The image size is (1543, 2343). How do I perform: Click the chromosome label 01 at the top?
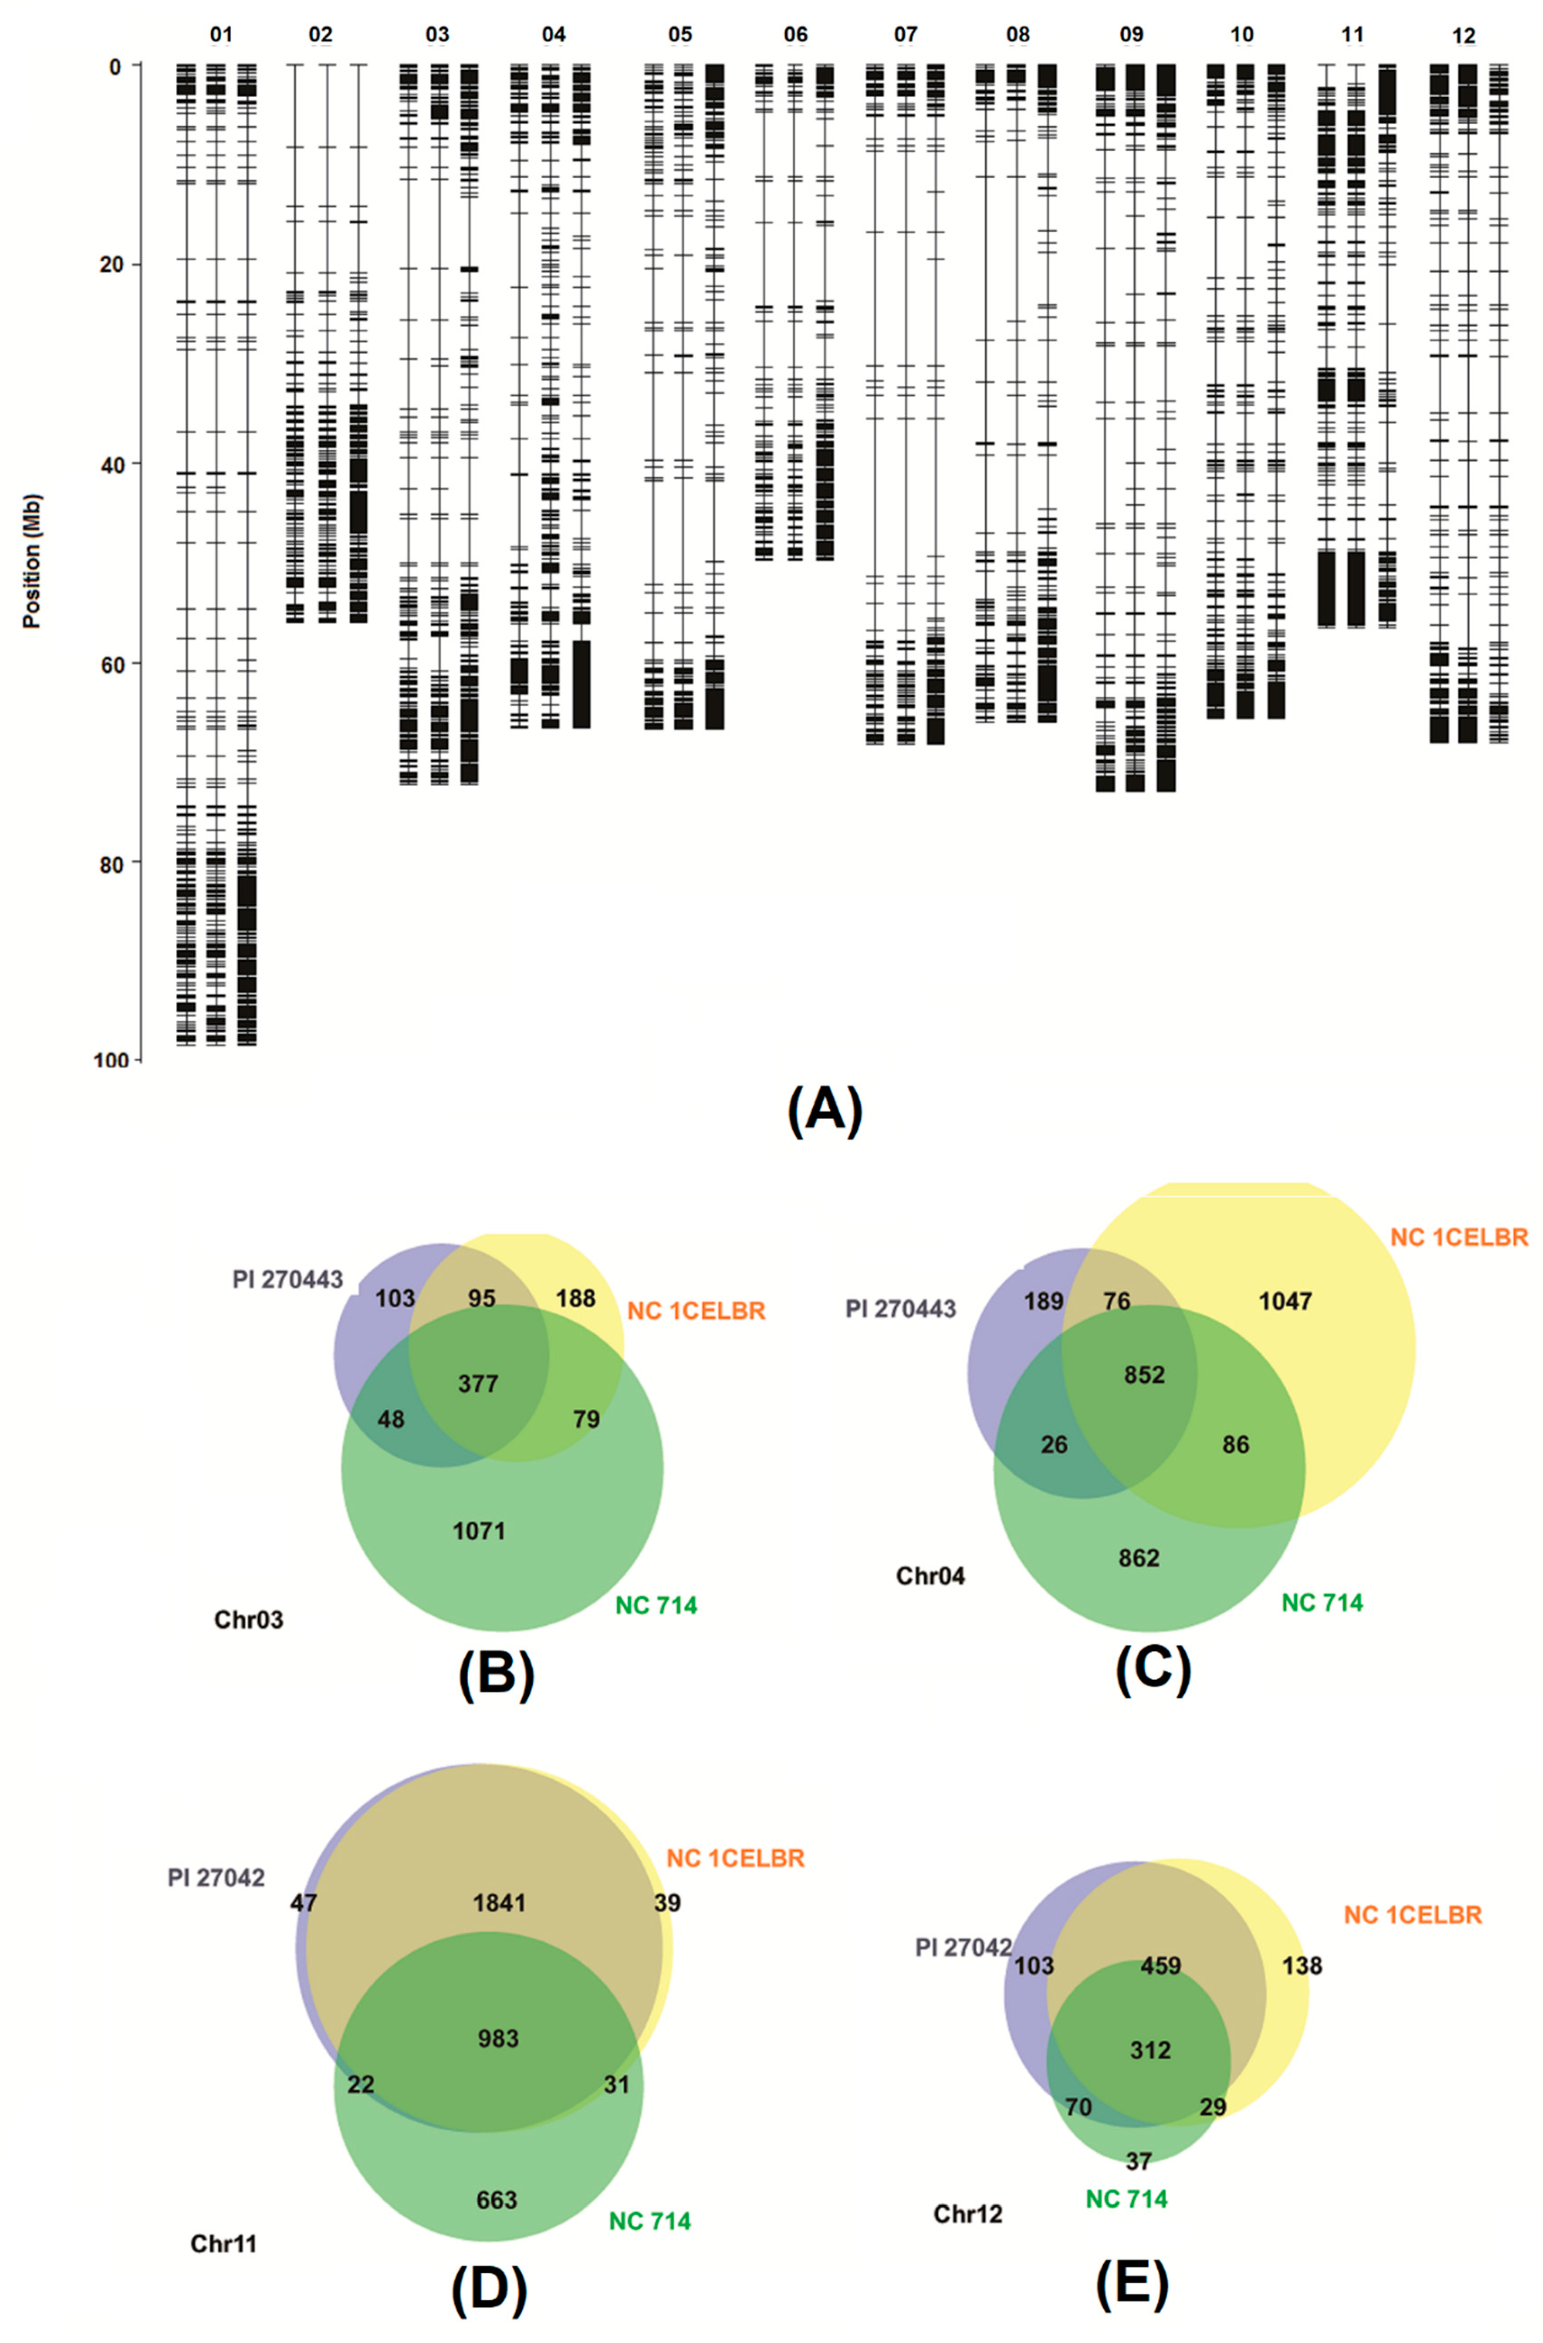pyautogui.click(x=222, y=36)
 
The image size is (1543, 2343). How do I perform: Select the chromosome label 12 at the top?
pyautogui.click(x=1464, y=36)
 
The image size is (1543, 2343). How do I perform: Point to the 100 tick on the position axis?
pyautogui.click(x=110, y=1060)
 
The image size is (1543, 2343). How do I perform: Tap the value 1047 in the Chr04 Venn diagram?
pyautogui.click(x=1285, y=1301)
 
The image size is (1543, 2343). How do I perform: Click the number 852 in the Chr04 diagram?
pyautogui.click(x=1144, y=1374)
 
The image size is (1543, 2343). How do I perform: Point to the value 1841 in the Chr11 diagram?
pyautogui.click(x=499, y=1903)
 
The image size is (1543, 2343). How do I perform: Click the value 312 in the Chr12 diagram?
pyautogui.click(x=1150, y=2051)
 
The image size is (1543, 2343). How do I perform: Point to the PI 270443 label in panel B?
pyautogui.click(x=287, y=1280)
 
